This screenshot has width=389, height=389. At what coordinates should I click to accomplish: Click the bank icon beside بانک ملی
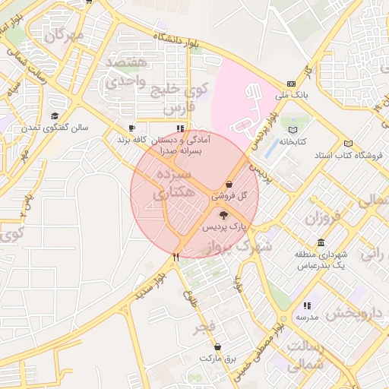pos(291,84)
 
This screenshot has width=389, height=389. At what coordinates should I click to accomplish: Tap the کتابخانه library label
pos(293,142)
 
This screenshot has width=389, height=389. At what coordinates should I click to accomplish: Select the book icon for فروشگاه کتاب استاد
pos(348,144)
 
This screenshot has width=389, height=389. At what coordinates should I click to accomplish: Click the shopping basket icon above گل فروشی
pos(229,184)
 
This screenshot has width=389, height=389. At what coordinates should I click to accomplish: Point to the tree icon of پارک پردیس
pos(222,216)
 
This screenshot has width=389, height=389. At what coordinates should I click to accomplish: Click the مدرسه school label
pos(306,316)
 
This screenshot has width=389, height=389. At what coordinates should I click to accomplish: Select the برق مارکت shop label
pos(220,357)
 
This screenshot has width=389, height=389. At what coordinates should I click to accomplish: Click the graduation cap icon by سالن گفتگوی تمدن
pos(54,115)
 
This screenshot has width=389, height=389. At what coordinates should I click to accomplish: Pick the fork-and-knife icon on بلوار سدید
pos(176,257)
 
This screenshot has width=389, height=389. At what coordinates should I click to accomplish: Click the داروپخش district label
pos(352,313)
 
